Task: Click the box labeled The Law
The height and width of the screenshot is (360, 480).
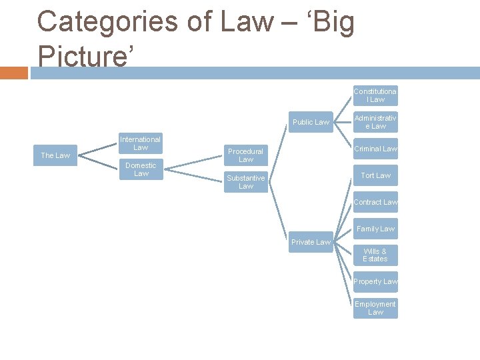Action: point(55,155)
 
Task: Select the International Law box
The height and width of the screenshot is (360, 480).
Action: point(140,143)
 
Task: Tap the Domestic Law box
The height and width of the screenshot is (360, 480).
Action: point(141,169)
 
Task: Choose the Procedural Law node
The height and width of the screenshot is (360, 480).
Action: point(246,155)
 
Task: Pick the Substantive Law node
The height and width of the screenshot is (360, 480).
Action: point(246,182)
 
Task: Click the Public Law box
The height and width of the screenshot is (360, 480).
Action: point(311,122)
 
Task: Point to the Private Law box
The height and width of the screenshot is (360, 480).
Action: point(311,242)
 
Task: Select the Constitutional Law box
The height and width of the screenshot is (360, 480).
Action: point(375,95)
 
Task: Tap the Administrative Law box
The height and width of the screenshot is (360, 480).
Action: point(375,122)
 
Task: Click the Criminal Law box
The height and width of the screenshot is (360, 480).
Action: point(375,149)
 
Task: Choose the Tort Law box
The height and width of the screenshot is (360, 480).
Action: point(375,175)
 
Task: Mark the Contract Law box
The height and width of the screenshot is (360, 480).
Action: point(375,202)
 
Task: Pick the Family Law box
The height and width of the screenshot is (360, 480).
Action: point(375,229)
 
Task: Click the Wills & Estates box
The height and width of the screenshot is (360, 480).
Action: point(375,255)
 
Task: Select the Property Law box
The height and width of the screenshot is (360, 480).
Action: point(375,282)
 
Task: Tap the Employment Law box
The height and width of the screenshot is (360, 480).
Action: point(375,308)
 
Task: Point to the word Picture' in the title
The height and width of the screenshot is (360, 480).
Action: point(87,56)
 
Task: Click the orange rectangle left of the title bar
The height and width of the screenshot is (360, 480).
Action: point(13,73)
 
